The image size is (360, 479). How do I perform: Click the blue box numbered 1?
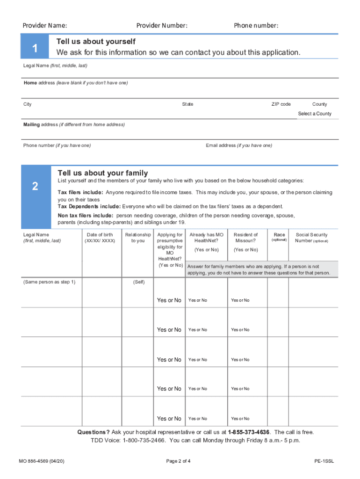click(x=35, y=47)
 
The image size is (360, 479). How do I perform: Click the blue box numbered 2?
click(x=35, y=187)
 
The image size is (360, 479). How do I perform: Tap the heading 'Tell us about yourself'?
click(x=95, y=42)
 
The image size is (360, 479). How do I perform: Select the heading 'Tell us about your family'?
click(x=102, y=173)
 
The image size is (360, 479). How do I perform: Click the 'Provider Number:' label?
click(x=162, y=25)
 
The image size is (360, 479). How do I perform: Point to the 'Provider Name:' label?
click(x=45, y=25)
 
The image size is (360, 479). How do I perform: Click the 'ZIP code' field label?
click(x=281, y=104)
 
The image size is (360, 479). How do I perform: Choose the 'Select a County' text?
click(x=315, y=114)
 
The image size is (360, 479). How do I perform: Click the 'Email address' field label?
click(x=238, y=145)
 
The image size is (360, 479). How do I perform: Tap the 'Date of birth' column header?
click(x=100, y=235)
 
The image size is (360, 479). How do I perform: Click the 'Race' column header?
click(x=279, y=235)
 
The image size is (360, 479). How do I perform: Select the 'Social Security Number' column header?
click(x=311, y=238)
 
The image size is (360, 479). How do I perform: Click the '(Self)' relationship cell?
click(x=138, y=282)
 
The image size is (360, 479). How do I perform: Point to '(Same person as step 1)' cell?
click(x=49, y=282)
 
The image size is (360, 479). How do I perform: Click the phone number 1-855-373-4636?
click(x=248, y=432)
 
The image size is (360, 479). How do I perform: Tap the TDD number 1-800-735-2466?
click(x=144, y=441)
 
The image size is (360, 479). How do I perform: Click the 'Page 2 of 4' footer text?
click(x=178, y=461)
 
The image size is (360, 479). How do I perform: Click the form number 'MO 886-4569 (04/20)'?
click(x=42, y=461)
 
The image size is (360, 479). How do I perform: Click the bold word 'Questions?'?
click(x=94, y=432)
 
